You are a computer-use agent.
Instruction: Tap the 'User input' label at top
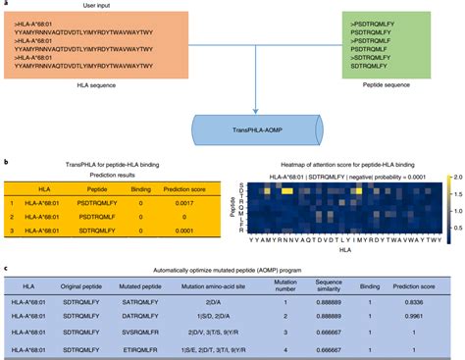(232, 5)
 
